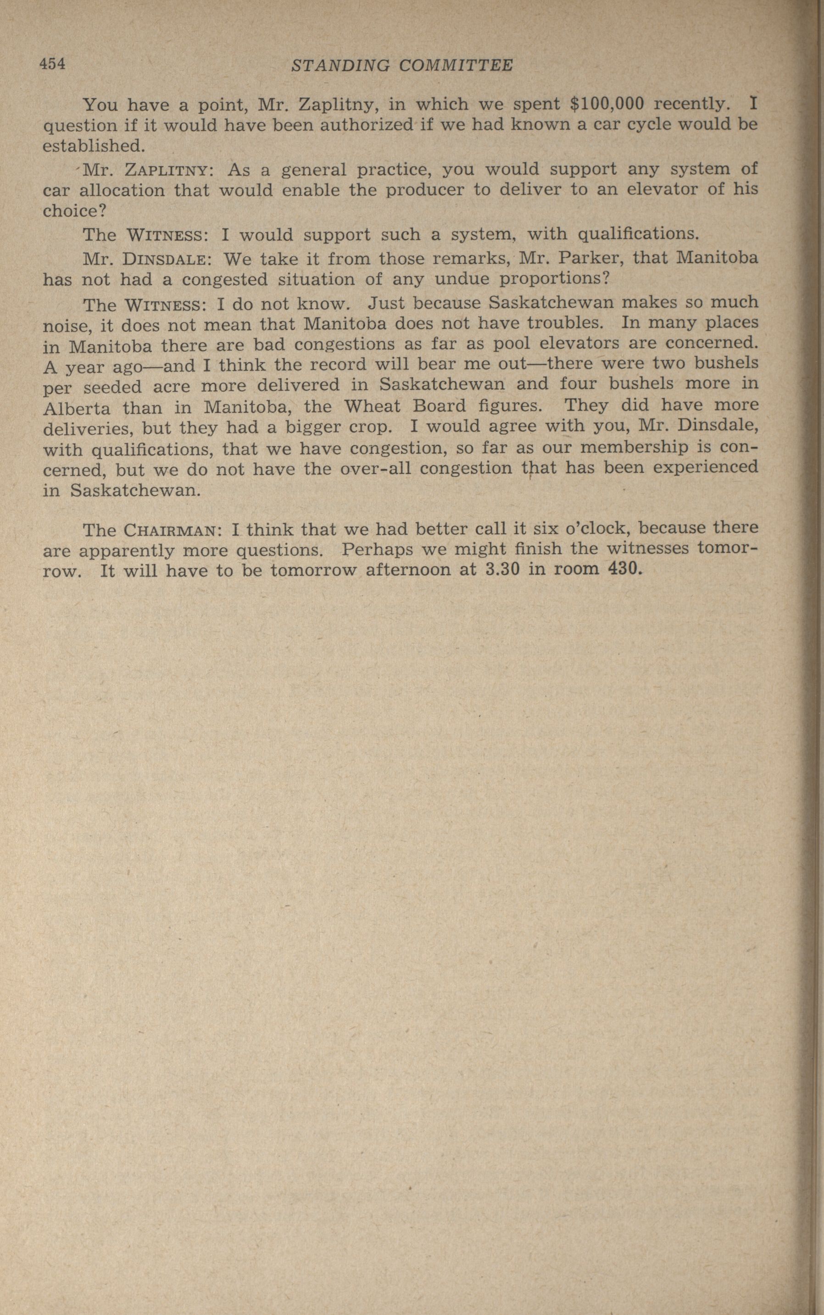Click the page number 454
[52, 64]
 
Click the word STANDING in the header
[340, 66]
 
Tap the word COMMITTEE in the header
[456, 66]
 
